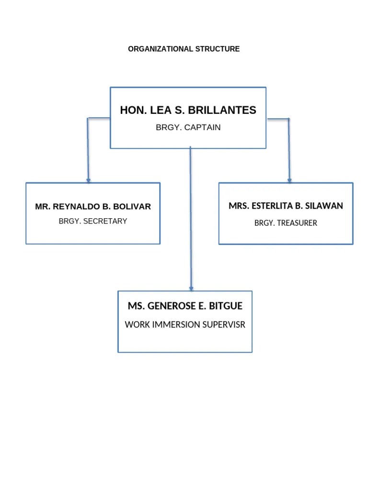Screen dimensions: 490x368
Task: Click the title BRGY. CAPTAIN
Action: click(x=188, y=128)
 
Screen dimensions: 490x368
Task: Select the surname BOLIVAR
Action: click(x=132, y=207)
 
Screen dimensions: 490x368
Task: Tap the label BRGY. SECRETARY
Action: click(x=93, y=221)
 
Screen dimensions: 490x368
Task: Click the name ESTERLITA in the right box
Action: click(x=271, y=206)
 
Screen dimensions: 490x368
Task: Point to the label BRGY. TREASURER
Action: click(x=286, y=223)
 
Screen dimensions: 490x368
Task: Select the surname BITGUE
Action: click(x=225, y=306)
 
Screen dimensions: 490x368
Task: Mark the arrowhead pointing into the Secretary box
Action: click(x=88, y=180)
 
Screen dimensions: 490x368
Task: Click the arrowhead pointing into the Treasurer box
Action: click(x=289, y=180)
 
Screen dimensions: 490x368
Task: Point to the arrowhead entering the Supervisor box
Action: click(x=191, y=289)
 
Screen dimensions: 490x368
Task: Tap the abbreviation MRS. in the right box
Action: click(x=238, y=206)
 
